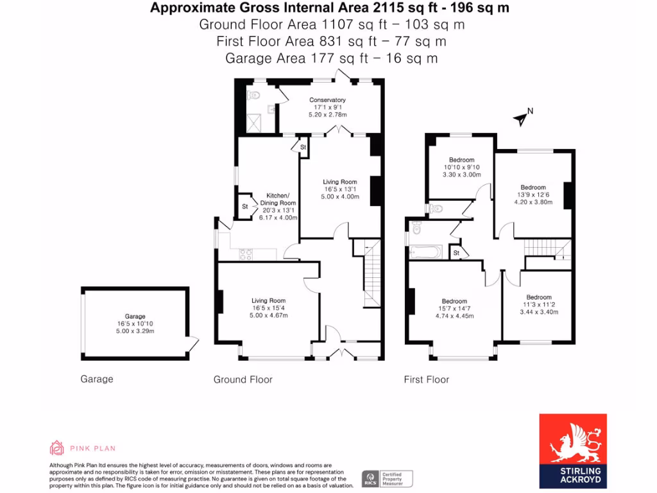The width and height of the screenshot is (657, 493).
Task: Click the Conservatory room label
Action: pyautogui.click(x=327, y=100)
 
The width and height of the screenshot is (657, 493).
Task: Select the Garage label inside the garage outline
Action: pyautogui.click(x=135, y=316)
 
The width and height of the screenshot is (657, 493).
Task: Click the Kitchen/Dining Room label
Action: pyautogui.click(x=278, y=199)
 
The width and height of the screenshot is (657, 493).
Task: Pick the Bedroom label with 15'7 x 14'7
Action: pyautogui.click(x=454, y=301)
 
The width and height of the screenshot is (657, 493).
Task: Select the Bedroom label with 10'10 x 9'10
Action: pyautogui.click(x=461, y=160)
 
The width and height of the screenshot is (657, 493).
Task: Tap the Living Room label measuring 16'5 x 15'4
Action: pyautogui.click(x=268, y=300)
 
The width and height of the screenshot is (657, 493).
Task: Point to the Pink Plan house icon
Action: pyautogui.click(x=57, y=447)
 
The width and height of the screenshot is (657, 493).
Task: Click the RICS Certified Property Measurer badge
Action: pyautogui.click(x=388, y=478)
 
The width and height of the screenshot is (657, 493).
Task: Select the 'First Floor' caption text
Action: pyautogui.click(x=426, y=379)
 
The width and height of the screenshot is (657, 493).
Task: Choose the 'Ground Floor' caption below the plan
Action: pyautogui.click(x=243, y=379)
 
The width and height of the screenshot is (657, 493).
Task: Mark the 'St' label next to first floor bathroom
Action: pyautogui.click(x=456, y=252)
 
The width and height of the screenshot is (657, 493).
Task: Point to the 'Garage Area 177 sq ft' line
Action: pyautogui.click(x=332, y=58)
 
